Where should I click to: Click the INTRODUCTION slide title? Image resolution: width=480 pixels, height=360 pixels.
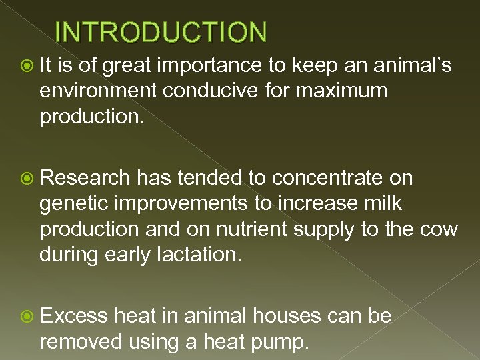click(161, 31)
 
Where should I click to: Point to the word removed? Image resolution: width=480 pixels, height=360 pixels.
click(81, 341)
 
